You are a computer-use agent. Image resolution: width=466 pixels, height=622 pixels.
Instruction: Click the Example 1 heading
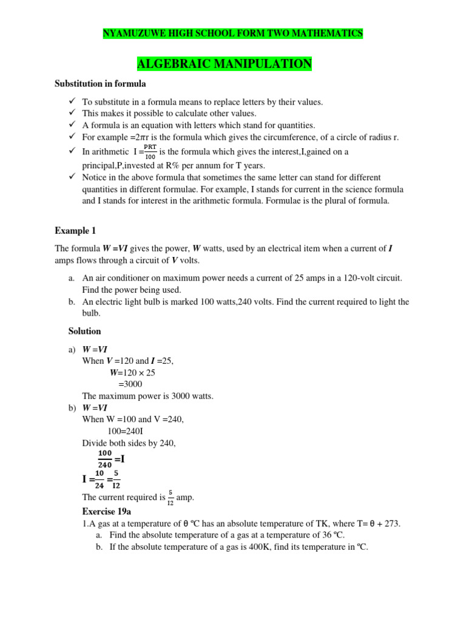point(75,231)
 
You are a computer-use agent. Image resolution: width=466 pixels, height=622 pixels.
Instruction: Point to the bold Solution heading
point(84,331)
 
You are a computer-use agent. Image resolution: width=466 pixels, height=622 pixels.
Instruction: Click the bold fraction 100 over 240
point(105,459)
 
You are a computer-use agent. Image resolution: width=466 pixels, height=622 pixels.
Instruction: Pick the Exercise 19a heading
point(106,512)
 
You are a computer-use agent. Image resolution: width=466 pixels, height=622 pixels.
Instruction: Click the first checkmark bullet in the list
point(70,101)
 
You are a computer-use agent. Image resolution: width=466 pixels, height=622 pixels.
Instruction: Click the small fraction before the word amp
point(169,497)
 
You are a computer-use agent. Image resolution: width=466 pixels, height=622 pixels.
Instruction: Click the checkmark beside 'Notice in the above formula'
point(70,177)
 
